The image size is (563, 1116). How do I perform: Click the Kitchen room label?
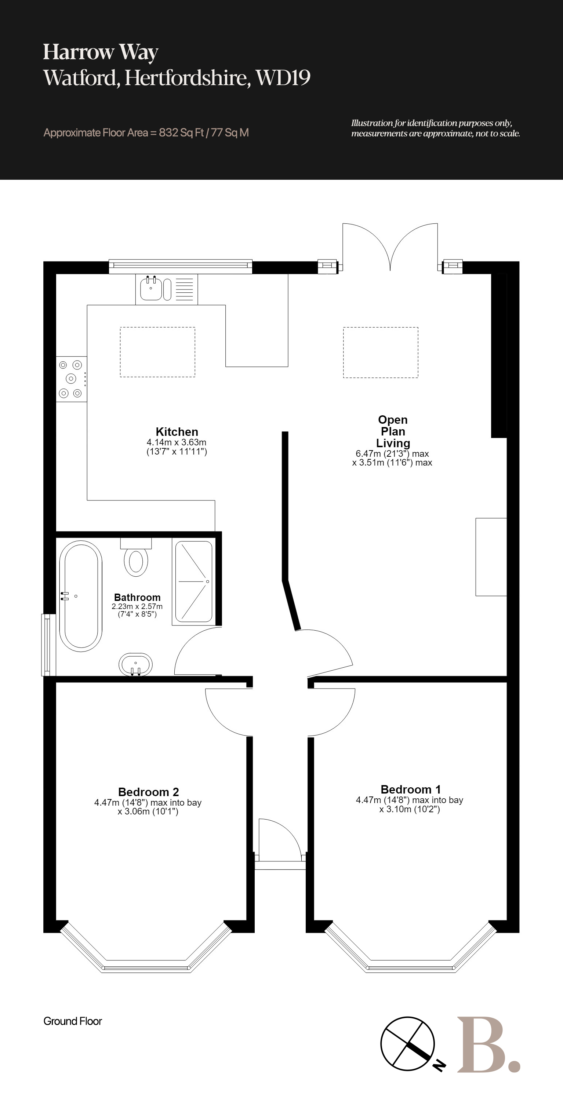click(177, 431)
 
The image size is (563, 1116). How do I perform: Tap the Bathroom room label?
click(137, 597)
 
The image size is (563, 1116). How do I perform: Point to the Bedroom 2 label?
click(148, 792)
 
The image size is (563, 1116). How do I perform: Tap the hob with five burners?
click(71, 379)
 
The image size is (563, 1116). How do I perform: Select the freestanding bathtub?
click(81, 596)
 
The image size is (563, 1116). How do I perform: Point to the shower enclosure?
click(194, 581)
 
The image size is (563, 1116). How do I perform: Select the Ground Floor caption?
click(72, 1021)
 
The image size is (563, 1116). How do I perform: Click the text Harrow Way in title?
click(101, 52)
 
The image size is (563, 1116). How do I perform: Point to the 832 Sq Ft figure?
click(181, 132)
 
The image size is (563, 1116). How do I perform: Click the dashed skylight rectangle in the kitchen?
click(157, 352)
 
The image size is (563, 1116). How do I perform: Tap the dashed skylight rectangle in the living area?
click(381, 352)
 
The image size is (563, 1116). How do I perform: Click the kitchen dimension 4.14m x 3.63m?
click(177, 442)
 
